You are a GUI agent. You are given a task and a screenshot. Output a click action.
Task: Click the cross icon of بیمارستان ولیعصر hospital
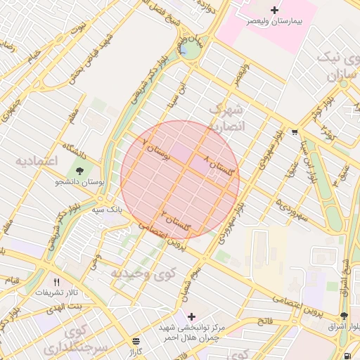tap(274, 10)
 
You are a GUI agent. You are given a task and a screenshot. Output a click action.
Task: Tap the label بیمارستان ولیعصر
tap(274, 22)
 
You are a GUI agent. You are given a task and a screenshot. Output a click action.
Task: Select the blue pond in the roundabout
tap(184, 51)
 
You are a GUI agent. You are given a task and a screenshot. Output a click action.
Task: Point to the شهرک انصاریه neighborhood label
tap(226, 118)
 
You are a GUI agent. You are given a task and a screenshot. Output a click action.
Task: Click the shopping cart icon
tap(294, 131)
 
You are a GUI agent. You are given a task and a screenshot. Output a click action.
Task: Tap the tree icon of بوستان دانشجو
tap(79, 170)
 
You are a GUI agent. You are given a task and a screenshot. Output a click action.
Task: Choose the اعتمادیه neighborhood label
tap(35, 160)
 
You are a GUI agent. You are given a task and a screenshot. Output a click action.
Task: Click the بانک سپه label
tap(108, 209)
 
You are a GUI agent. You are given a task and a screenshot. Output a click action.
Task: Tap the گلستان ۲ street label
tap(176, 222)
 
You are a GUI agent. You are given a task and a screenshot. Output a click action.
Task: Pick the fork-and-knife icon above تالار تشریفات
tap(67, 281)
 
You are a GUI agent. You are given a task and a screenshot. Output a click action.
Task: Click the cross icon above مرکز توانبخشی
tap(191, 316)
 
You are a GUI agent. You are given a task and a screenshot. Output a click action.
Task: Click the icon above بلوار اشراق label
tap(344, 316)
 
